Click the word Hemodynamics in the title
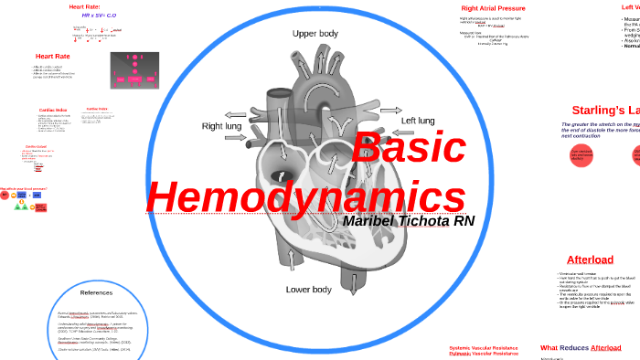click(x=305, y=196)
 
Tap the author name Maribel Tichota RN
click(x=408, y=222)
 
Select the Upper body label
click(x=315, y=34)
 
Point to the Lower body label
click(x=309, y=290)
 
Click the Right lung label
click(x=224, y=126)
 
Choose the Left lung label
click(x=418, y=121)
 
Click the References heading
click(x=96, y=292)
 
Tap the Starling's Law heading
click(x=604, y=110)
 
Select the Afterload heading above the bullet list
click(x=590, y=259)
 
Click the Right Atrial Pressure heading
click(x=493, y=8)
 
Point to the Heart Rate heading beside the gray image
click(x=53, y=56)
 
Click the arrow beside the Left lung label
click(x=390, y=111)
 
